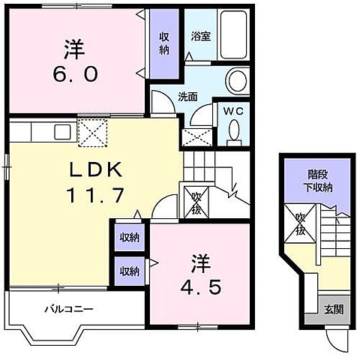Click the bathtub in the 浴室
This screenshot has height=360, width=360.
click(233, 34)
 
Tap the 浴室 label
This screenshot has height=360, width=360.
click(201, 36)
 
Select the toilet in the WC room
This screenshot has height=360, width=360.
click(234, 133)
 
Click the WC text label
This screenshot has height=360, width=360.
click(233, 111)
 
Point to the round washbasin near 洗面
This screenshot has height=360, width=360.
click(237, 81)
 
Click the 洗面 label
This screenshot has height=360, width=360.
click(187, 97)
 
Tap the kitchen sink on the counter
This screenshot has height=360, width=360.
click(62, 132)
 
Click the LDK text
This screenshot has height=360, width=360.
click(96, 169)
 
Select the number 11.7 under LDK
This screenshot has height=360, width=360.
click(95, 195)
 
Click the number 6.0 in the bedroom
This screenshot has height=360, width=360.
click(75, 74)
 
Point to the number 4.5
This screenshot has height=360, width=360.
click(201, 287)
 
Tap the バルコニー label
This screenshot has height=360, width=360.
click(69, 309)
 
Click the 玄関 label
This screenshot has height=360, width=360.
click(334, 310)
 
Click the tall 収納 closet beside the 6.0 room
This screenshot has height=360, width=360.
click(164, 43)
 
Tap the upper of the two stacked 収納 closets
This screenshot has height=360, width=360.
click(130, 238)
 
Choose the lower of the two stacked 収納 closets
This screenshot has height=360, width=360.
click(130, 271)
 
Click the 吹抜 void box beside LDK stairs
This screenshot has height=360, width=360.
click(196, 202)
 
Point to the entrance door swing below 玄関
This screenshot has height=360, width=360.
click(337, 340)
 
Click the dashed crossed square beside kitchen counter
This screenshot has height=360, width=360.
click(92, 133)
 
